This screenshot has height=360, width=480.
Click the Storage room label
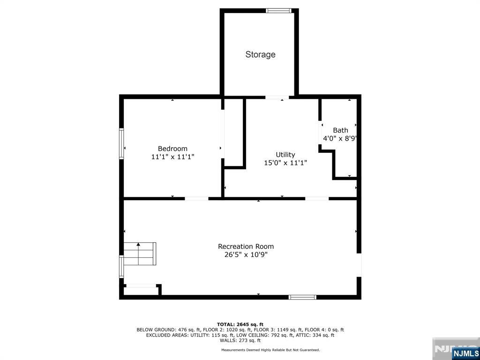coord(260,54)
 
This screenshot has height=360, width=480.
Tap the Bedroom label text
coord(172,149)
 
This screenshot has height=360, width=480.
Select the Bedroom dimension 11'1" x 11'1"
coord(172,157)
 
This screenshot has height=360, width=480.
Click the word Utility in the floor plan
coord(285,155)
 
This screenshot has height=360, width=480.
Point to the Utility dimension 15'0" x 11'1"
coord(285,163)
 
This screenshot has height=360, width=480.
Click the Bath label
coord(340,130)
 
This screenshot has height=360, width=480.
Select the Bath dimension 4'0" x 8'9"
coord(340,139)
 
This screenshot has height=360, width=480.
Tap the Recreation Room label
coord(246,247)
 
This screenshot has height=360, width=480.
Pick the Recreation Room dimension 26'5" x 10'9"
coord(246,255)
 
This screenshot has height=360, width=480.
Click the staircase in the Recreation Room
coord(139,254)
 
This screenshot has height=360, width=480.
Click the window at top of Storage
coord(278,10)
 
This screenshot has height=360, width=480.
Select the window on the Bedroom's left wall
coord(121,144)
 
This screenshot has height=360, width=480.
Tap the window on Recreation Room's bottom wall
coord(302,297)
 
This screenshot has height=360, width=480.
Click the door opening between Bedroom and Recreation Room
coord(196,198)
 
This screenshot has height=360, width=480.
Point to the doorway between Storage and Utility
coord(277,97)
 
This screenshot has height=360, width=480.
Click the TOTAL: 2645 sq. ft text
coord(240,324)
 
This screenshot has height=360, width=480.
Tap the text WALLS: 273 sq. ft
coord(240,341)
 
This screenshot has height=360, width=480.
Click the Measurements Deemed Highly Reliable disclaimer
coord(270,350)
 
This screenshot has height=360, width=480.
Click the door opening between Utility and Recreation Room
coord(317,198)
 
